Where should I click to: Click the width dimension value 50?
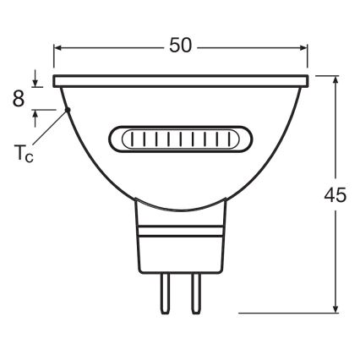tap(180, 46)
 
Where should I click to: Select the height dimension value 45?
tap(335, 194)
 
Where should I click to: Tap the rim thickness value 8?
tap(18, 98)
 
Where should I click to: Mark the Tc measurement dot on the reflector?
tap(67, 109)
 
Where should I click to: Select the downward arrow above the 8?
tap(35, 83)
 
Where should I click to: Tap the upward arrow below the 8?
tap(35, 113)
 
